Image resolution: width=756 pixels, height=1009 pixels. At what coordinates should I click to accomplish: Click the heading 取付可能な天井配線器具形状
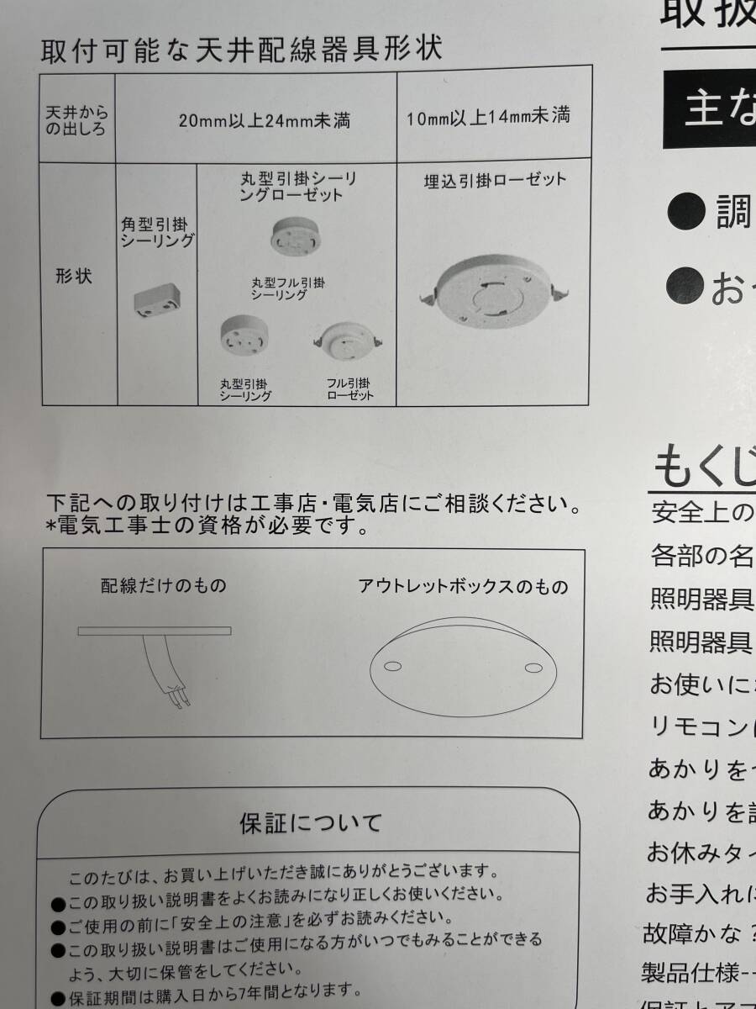(240, 48)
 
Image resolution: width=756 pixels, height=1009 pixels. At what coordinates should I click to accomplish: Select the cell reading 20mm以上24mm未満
(265, 119)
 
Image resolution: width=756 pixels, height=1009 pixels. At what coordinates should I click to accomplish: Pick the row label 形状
(74, 277)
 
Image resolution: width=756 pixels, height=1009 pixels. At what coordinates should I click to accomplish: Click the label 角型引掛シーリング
(157, 232)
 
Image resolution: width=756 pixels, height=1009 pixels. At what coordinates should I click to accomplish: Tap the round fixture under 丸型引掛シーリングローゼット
(295, 235)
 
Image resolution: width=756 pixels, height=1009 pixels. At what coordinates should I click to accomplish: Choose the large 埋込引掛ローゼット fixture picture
(494, 291)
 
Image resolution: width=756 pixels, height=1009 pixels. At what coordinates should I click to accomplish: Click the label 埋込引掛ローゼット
(495, 180)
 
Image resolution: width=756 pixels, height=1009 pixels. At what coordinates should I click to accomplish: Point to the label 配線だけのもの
(163, 585)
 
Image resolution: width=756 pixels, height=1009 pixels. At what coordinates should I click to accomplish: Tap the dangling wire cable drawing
(165, 669)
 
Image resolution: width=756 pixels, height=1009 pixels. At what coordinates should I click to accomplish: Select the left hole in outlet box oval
(391, 667)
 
